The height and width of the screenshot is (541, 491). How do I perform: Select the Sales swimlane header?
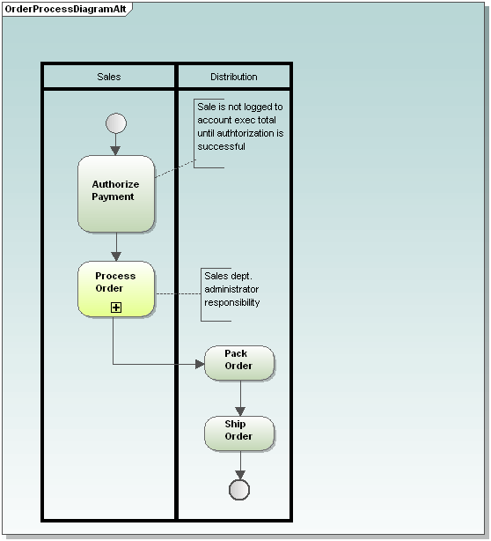pyautogui.click(x=109, y=77)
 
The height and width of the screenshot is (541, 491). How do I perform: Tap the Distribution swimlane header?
pyautogui.click(x=234, y=77)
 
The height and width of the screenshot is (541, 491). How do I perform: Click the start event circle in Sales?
pyautogui.click(x=115, y=123)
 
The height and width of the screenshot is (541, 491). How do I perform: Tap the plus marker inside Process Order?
pyautogui.click(x=115, y=307)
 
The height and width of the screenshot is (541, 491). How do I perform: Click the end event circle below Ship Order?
pyautogui.click(x=239, y=490)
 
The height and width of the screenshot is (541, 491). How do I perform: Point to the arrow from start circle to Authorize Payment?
pyautogui.click(x=115, y=145)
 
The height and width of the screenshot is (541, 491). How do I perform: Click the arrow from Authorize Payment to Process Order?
pyautogui.click(x=115, y=247)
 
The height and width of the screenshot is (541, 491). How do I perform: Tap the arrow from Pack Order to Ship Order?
pyautogui.click(x=239, y=398)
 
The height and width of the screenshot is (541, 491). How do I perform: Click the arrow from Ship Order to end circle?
pyautogui.click(x=239, y=465)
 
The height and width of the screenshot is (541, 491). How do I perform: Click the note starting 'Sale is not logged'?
pyautogui.click(x=239, y=127)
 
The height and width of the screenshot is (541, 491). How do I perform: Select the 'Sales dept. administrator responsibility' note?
pyautogui.click(x=232, y=289)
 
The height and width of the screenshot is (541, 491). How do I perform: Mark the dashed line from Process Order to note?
pyautogui.click(x=178, y=293)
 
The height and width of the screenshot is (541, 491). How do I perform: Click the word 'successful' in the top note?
pyautogui.click(x=222, y=147)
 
